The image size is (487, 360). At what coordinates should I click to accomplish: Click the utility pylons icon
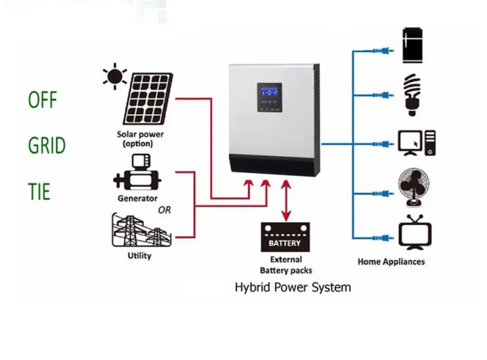pos(140,231)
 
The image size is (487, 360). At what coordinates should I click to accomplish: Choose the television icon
pos(412,232)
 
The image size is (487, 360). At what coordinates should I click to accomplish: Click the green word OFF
pos(43,100)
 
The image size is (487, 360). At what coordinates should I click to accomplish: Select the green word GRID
pos(47,146)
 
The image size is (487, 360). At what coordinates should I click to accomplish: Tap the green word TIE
pos(39,191)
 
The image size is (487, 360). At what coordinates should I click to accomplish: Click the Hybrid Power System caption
pos(293,287)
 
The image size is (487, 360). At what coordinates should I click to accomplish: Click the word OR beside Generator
pos(164,210)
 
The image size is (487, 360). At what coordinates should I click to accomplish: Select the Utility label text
pos(139,256)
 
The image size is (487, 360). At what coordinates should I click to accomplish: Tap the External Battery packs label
pos(285,264)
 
